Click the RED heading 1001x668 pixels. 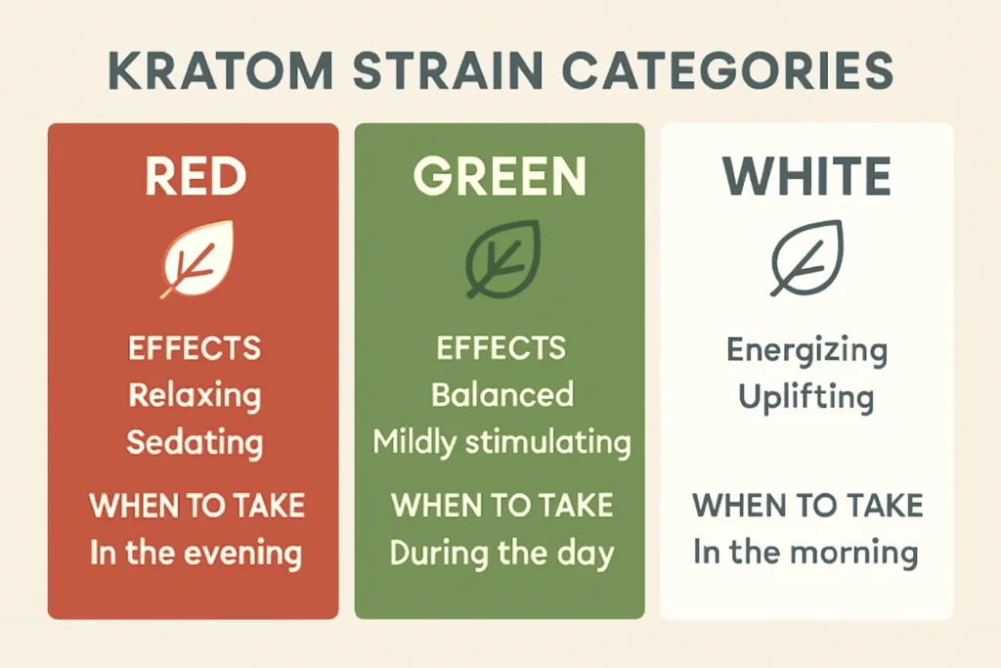(196, 177)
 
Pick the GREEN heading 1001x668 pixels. (499, 177)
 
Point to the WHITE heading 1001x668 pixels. (806, 177)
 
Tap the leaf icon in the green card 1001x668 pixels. (500, 258)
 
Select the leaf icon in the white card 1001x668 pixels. (805, 258)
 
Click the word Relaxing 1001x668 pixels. (195, 395)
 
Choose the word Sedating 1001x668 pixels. (195, 442)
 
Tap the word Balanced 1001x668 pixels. (501, 395)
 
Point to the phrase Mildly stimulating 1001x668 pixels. (501, 442)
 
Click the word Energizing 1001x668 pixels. (806, 350)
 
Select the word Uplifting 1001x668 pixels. (806, 397)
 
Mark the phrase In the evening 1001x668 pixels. (196, 554)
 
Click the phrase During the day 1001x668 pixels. (501, 554)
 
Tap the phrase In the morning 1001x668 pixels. (806, 553)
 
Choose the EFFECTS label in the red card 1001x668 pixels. (195, 348)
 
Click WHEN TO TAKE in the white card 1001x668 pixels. (807, 506)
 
